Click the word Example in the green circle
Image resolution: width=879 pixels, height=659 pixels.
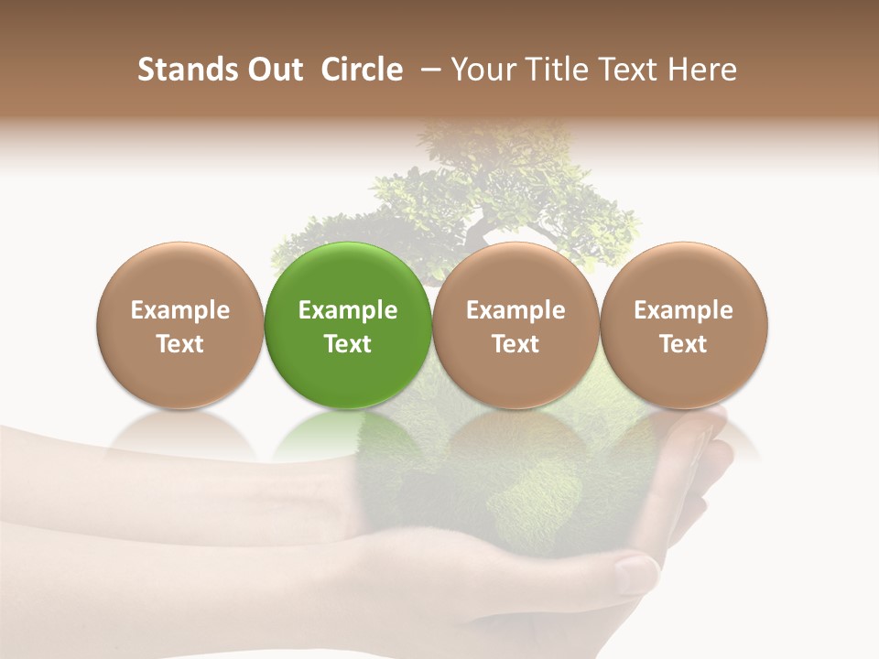(x=348, y=310)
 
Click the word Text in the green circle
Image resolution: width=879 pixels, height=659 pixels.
(x=348, y=344)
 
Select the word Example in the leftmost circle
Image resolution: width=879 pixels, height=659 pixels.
(x=180, y=310)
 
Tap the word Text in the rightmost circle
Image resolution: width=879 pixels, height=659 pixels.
(x=683, y=344)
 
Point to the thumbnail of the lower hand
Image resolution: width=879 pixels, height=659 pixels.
(x=636, y=575)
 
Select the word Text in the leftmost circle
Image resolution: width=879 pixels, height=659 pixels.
(x=180, y=344)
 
